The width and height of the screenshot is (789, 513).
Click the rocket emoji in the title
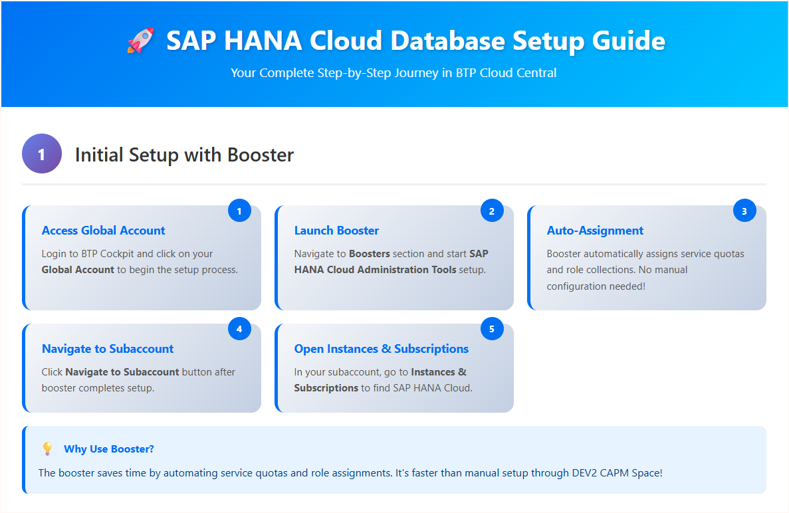(x=140, y=41)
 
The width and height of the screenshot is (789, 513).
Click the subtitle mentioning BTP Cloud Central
(x=394, y=72)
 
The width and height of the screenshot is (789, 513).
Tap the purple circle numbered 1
(x=42, y=154)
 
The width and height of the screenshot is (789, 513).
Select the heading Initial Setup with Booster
(x=184, y=155)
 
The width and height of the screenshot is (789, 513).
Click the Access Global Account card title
(x=103, y=231)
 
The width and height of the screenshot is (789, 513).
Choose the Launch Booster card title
(x=336, y=231)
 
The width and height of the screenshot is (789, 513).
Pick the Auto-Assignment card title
(x=595, y=231)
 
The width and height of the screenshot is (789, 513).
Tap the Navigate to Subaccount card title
(x=108, y=349)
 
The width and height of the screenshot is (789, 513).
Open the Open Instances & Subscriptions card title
(x=381, y=349)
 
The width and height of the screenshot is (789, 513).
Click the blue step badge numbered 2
(x=492, y=211)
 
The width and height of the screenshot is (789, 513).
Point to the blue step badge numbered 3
(x=744, y=211)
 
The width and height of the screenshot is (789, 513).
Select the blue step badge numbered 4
(x=239, y=329)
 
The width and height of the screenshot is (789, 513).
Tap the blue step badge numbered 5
(x=492, y=329)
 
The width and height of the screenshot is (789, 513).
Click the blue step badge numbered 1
(x=239, y=211)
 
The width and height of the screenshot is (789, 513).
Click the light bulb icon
(x=47, y=449)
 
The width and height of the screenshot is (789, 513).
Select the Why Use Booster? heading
(x=109, y=449)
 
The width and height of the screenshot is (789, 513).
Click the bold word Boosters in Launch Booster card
(x=370, y=254)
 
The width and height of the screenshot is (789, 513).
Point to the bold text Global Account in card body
(x=78, y=270)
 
